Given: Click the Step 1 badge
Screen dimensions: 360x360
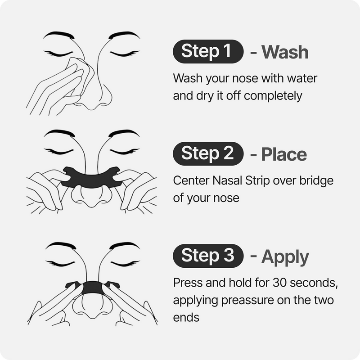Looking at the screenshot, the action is coord(208,51).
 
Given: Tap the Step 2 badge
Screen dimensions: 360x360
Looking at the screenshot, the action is coord(208,153).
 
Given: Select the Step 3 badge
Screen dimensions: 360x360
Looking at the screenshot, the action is coord(208,256).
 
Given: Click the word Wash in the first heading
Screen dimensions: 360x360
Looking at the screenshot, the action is coord(285,52).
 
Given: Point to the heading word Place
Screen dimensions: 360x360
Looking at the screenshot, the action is coord(284,154).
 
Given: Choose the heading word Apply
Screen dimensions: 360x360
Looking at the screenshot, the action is coord(285,257).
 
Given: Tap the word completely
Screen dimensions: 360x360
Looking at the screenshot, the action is coord(273,96).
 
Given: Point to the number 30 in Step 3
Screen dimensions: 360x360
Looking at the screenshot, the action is coord(279,283).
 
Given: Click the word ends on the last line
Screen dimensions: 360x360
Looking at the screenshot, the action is coord(186,318).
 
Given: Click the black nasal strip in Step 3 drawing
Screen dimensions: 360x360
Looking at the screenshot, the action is coord(92,288).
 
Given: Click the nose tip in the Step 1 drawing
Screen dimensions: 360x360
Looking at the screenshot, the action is coord(91,108).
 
